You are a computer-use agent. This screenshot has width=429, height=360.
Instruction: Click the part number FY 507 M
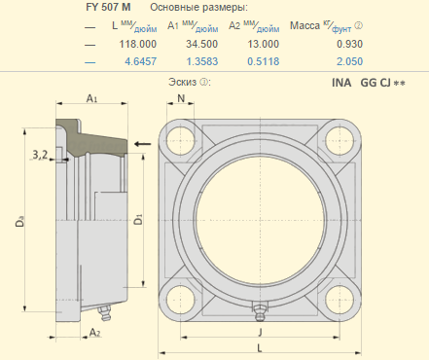coord(108,8)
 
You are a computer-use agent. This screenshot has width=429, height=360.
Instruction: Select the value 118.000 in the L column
coord(138,44)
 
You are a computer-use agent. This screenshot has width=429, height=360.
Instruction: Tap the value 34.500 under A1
coord(201,44)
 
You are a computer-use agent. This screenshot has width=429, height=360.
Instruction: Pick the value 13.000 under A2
coord(264,44)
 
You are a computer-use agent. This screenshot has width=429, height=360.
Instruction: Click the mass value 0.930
coord(349,44)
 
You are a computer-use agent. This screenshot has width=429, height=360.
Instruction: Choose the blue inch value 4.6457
coord(141,61)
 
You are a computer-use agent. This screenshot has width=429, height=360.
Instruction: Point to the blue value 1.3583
coord(202,61)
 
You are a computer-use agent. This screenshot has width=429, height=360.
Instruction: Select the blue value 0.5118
coord(264,61)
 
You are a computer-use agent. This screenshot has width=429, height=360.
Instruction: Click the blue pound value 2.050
coord(349,61)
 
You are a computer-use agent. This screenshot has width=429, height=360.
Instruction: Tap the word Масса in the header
coord(304,25)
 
